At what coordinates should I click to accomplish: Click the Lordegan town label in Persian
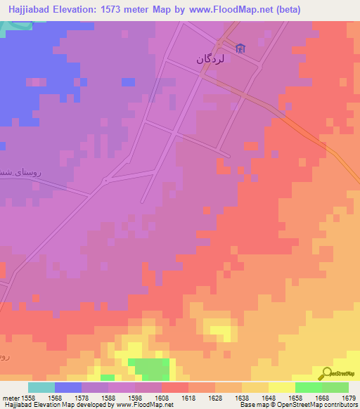coord(214,60)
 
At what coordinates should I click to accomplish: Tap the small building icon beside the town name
coord(241,48)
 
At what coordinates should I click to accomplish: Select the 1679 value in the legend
coord(348,397)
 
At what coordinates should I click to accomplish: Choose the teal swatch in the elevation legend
coord(41,387)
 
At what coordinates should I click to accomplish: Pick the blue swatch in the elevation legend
coord(67,387)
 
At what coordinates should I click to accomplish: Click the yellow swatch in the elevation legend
coord(281,387)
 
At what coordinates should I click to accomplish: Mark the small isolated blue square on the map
coord(128,82)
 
